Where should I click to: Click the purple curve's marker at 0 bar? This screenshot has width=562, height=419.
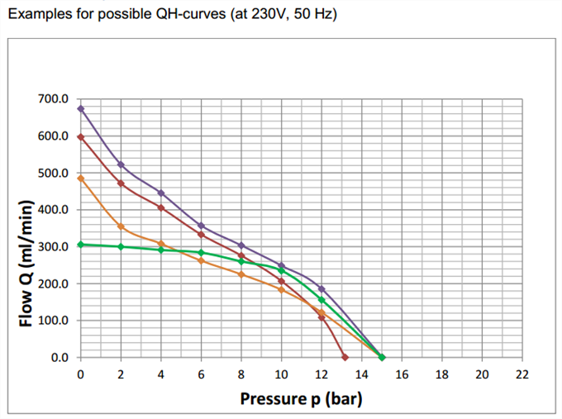80,108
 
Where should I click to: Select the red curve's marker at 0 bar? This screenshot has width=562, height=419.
80,136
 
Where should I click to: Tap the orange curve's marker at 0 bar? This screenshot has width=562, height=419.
80,178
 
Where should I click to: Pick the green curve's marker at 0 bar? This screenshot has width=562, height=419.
80,245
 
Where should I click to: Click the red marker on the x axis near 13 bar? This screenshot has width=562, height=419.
345,357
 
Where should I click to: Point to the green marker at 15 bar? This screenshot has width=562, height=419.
382,357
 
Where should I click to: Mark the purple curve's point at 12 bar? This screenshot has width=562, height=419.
321,288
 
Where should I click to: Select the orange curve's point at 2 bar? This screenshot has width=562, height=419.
121,226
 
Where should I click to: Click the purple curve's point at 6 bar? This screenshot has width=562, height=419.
201,226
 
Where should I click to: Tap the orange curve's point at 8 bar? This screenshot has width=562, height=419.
241,274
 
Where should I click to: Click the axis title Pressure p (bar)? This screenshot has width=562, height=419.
301,400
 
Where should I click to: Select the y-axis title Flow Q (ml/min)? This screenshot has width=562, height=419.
26,263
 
